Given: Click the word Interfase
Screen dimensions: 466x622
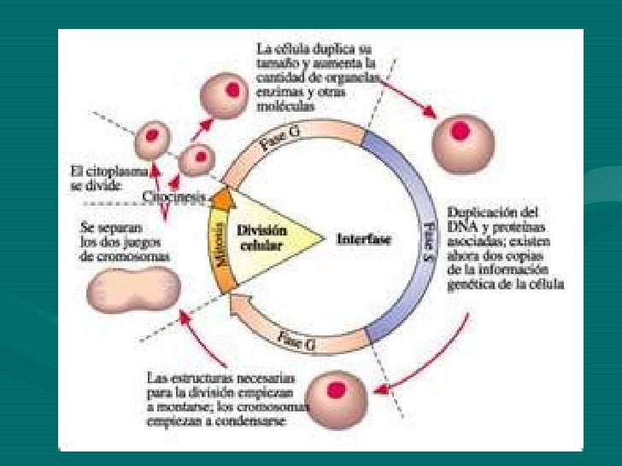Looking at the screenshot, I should click(363, 240).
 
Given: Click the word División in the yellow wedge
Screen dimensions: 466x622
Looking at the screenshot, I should click(262, 230).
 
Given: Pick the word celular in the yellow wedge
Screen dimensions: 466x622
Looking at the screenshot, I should click(261, 245).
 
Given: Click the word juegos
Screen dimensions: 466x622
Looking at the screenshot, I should click(132, 243).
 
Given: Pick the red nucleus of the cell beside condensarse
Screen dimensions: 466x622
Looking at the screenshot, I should click(337, 390).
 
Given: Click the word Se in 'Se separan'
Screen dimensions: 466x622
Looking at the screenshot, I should click(88, 229).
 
